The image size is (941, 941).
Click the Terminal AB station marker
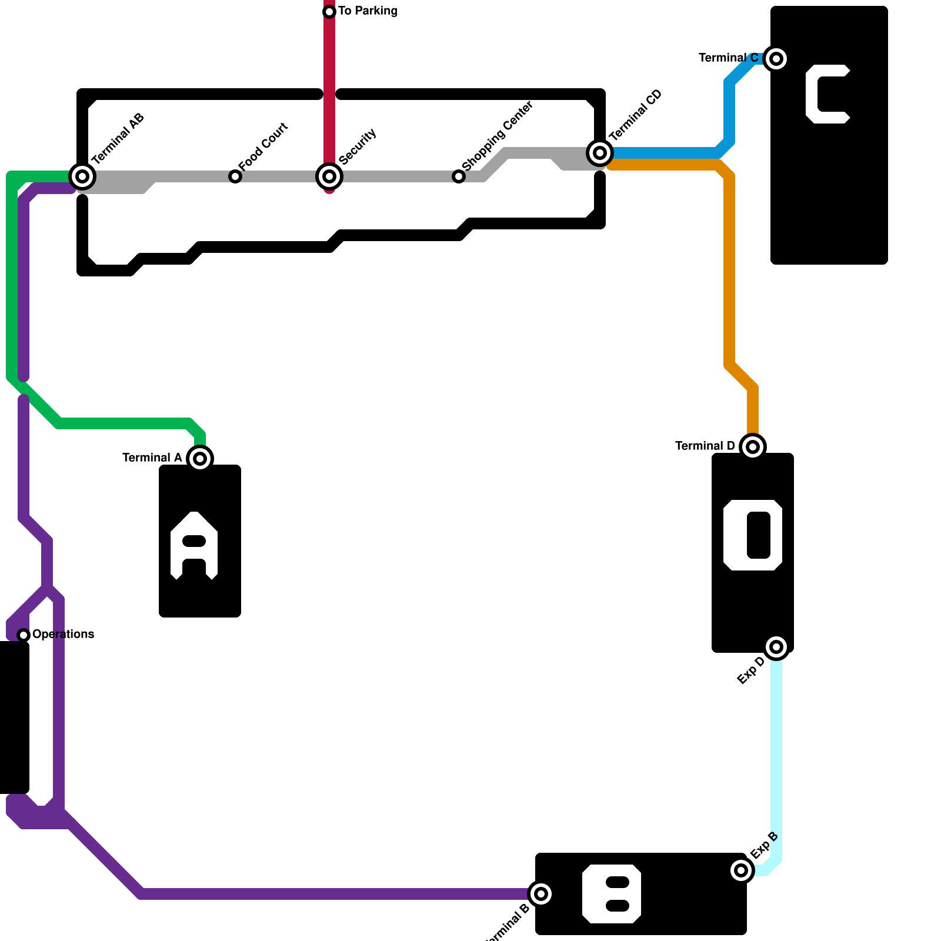pos(82,176)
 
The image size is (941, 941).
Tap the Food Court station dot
pos(235,176)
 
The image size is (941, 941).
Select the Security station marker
pos(329,176)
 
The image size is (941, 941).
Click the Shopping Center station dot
pos(459,176)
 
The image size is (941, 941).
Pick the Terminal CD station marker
pos(600,153)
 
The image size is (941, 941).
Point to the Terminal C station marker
pos(776,58)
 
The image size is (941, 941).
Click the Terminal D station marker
pos(753,447)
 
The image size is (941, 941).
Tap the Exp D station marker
pos(776,647)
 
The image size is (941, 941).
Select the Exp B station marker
pos(741,870)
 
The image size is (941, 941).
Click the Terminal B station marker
pos(541,894)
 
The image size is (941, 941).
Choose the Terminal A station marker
pos(200,458)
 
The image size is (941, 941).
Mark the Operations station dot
pos(24,635)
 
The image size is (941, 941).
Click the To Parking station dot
pos(329,12)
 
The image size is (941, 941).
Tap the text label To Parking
pos(368,11)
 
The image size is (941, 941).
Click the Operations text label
pos(64,634)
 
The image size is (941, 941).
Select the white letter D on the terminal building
pos(753,535)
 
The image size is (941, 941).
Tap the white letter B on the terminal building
pos(612,894)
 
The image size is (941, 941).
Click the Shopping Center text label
pos(498,136)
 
